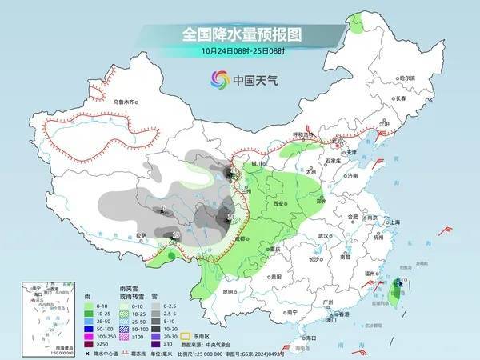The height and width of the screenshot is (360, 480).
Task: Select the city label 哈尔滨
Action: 407,78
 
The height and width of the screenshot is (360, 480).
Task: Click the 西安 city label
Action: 281,205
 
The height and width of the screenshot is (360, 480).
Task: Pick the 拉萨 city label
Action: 142,235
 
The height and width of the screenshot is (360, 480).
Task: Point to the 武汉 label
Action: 323,237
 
